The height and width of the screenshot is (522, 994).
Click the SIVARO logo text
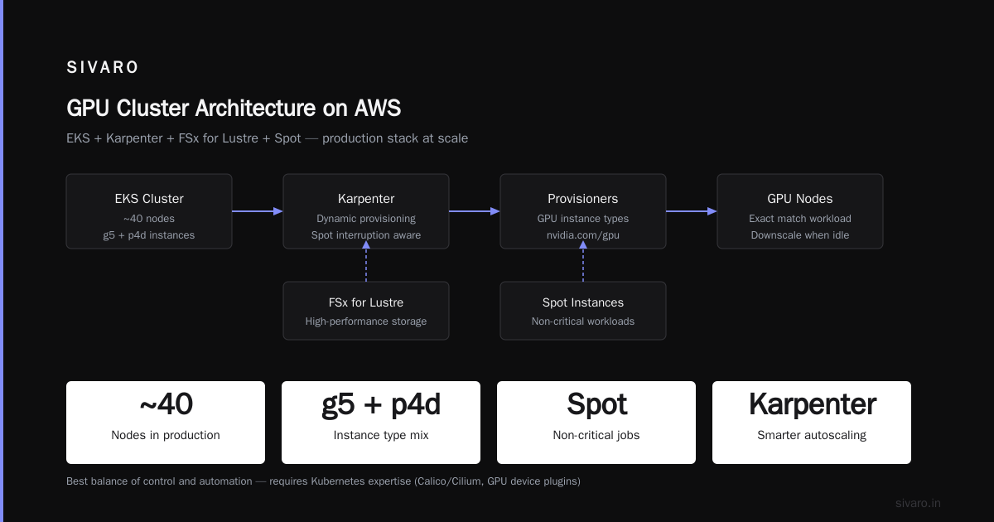pos(102,67)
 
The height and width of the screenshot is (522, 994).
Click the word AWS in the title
pos(377,108)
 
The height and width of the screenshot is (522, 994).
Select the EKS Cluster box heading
pos(149,198)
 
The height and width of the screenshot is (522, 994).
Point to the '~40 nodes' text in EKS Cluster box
pos(149,219)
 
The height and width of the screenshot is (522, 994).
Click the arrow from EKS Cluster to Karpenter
pos(258,211)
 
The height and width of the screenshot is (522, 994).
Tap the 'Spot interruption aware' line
pos(366,235)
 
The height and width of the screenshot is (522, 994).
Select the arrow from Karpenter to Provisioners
pos(475,211)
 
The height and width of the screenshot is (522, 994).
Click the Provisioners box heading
pos(582,198)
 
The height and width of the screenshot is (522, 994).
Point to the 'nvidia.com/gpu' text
pos(582,235)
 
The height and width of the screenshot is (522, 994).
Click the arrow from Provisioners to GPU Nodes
pos(692,211)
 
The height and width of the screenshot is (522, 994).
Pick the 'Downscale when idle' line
pos(800,235)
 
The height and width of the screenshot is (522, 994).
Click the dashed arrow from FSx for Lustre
pos(366,262)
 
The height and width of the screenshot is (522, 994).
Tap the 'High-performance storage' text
pos(366,321)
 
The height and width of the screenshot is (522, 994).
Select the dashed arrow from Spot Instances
pos(583,262)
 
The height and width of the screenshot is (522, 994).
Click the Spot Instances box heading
pos(582,302)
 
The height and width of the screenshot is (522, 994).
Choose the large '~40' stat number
pos(166,404)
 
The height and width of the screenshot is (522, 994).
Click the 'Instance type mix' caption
pos(381,435)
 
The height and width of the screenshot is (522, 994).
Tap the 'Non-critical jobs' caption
pos(596,435)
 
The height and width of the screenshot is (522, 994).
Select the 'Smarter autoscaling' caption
pos(812,435)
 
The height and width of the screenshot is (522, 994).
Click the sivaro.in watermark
pos(918,503)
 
